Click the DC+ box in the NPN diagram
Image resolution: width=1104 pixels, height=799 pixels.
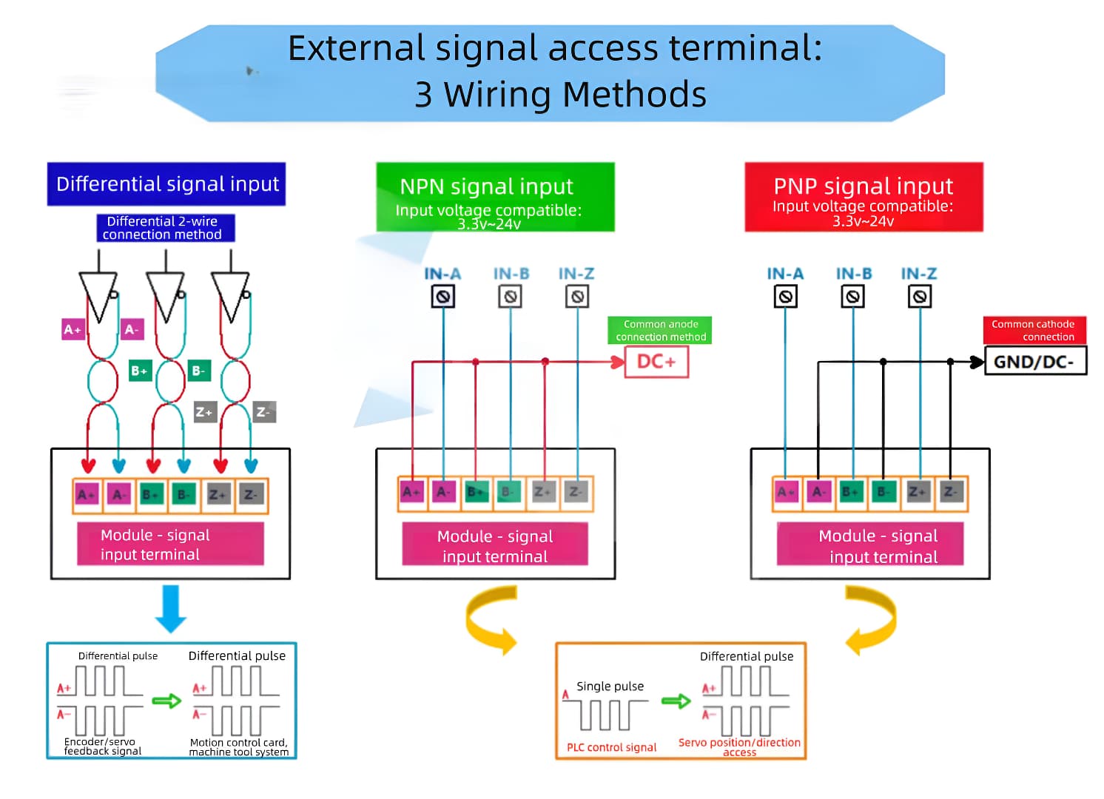(656, 362)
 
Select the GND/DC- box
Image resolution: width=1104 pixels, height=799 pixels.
(1034, 362)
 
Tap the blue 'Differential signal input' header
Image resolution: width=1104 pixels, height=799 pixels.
(166, 184)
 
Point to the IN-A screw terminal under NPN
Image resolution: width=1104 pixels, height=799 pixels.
(442, 297)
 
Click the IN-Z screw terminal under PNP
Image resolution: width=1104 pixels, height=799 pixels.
(919, 297)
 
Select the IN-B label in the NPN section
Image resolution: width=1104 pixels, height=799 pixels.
(511, 274)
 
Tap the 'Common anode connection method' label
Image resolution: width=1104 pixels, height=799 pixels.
(660, 330)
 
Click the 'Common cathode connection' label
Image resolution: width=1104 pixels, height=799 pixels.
(1034, 330)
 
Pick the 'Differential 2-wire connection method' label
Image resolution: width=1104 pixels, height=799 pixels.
(165, 228)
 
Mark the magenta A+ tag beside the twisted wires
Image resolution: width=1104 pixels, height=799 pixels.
(73, 329)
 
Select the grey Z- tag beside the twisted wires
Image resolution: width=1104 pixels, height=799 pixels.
(264, 412)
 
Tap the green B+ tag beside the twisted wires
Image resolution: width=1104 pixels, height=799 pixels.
(140, 371)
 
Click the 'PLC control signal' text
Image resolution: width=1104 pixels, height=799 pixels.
(611, 747)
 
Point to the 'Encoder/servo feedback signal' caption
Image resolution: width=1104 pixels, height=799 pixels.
(102, 746)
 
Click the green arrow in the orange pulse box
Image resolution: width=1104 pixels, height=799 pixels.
(675, 701)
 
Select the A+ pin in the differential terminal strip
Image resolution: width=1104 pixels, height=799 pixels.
(87, 495)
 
